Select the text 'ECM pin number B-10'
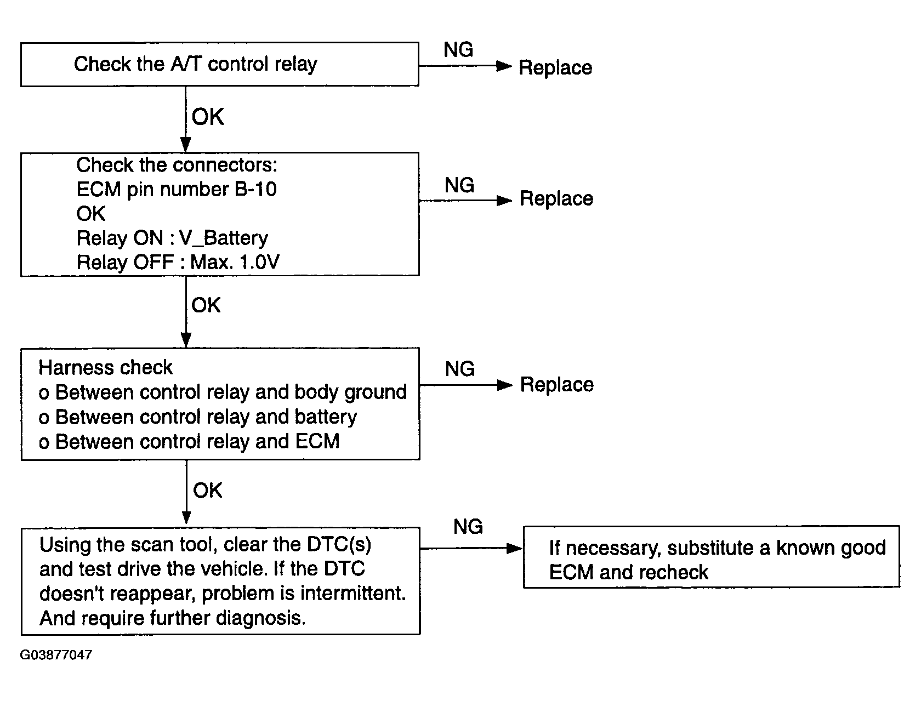(x=176, y=189)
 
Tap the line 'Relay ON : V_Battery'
(x=172, y=238)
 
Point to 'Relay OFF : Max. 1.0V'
(x=178, y=263)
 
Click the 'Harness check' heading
(x=105, y=367)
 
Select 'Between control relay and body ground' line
(x=223, y=392)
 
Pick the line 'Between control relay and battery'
(x=197, y=418)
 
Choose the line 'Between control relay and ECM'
(x=189, y=442)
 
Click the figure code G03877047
(x=56, y=655)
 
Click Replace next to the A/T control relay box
(x=555, y=67)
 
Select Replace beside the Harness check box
(x=557, y=385)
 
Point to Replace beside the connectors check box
(x=556, y=198)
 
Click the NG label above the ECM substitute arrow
(x=468, y=527)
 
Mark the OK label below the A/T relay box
(x=208, y=117)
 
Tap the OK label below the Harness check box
(x=207, y=491)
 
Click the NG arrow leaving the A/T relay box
(x=465, y=66)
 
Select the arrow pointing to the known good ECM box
(x=471, y=548)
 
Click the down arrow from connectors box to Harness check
(x=186, y=312)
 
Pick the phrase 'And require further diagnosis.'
(x=173, y=618)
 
